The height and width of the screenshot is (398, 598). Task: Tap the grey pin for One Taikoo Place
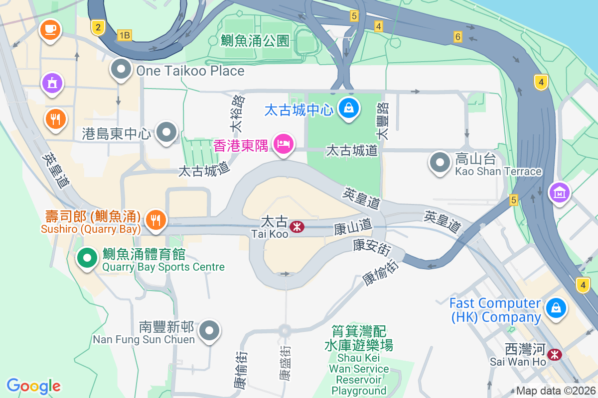121,70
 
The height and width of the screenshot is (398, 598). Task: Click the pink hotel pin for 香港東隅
284,144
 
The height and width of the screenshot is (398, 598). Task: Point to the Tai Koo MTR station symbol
297,227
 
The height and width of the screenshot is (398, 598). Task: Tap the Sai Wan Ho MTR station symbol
554,355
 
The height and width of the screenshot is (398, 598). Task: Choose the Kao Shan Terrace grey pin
440,162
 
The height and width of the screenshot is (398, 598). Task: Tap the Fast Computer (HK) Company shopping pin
556,307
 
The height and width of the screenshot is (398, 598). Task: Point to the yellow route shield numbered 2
98,27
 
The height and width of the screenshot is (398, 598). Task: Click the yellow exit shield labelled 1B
124,35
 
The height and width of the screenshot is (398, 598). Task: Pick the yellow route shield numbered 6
458,36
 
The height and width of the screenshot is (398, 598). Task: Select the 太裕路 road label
238,114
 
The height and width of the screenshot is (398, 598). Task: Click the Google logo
33,386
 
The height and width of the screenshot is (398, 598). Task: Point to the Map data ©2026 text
555,391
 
